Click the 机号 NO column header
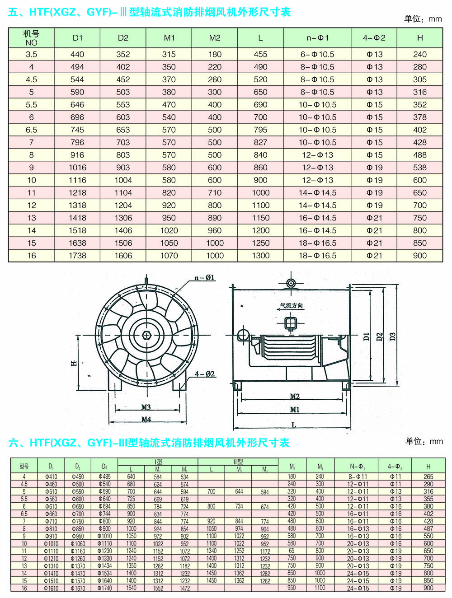31,38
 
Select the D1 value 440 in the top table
77,54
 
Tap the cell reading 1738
77,256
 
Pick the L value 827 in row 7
260,142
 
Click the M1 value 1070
169,256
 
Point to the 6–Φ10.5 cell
317,54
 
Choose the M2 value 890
215,218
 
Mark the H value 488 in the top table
419,155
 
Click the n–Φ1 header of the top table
317,38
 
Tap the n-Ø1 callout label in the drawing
204,277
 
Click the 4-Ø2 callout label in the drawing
205,374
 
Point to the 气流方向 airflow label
292,306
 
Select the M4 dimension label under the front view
146,419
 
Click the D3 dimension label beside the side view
392,336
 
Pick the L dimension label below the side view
293,425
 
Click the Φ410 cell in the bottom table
51,477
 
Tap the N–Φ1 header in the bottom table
358,467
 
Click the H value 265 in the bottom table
428,477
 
